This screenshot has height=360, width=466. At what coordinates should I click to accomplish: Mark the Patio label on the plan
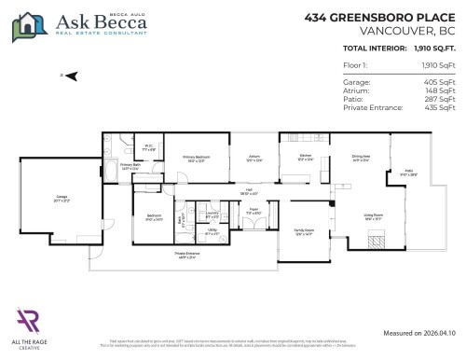coord(407,173)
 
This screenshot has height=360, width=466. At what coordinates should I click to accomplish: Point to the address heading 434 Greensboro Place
coord(382,17)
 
